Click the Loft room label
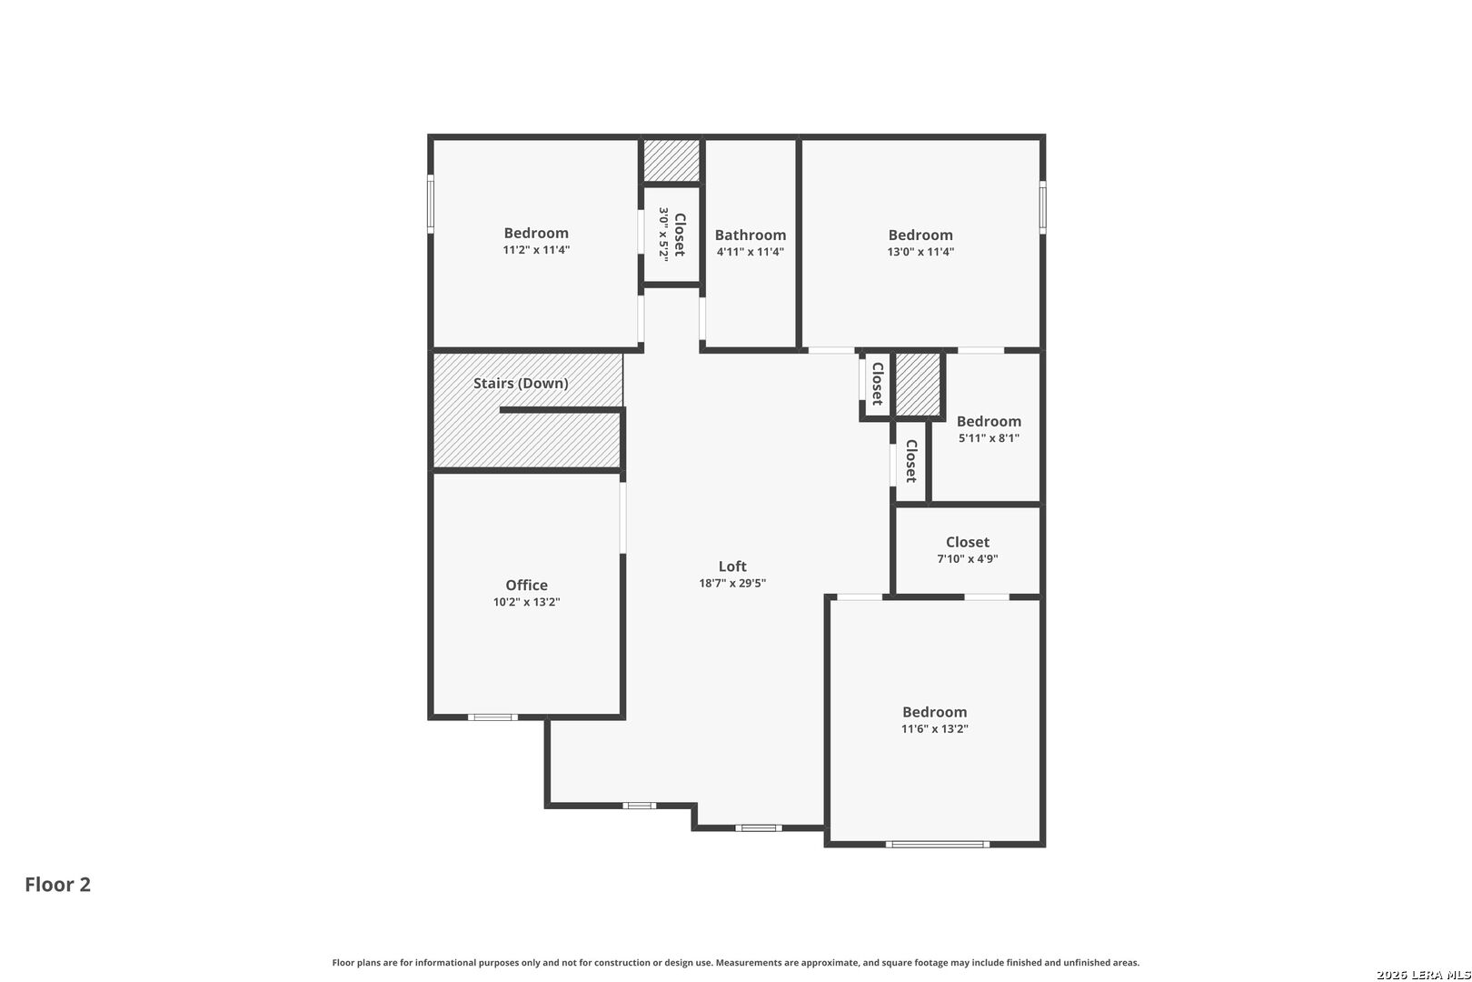pyautogui.click(x=732, y=566)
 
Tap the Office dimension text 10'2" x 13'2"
pyautogui.click(x=526, y=602)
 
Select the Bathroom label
pyautogui.click(x=750, y=235)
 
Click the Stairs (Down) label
pyautogui.click(x=521, y=384)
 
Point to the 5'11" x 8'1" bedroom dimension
pyautogui.click(x=989, y=438)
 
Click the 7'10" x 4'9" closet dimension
pyautogui.click(x=967, y=559)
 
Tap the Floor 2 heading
pyautogui.click(x=57, y=885)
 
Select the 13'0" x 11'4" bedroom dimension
pyautogui.click(x=920, y=252)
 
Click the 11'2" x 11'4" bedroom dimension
pyautogui.click(x=536, y=250)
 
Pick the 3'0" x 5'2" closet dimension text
pyautogui.click(x=663, y=235)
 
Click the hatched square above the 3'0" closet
pyautogui.click(x=671, y=160)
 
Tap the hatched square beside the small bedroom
pyautogui.click(x=919, y=384)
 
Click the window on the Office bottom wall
pyautogui.click(x=492, y=717)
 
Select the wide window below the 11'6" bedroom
pyautogui.click(x=938, y=845)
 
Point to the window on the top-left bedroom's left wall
pyautogui.click(x=431, y=205)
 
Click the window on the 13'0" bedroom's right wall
pyautogui.click(x=1042, y=207)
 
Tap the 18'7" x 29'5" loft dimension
pyautogui.click(x=732, y=584)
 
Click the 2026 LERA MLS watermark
pyautogui.click(x=1422, y=975)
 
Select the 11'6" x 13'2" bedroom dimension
pyautogui.click(x=934, y=729)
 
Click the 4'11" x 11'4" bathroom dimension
pyautogui.click(x=750, y=252)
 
